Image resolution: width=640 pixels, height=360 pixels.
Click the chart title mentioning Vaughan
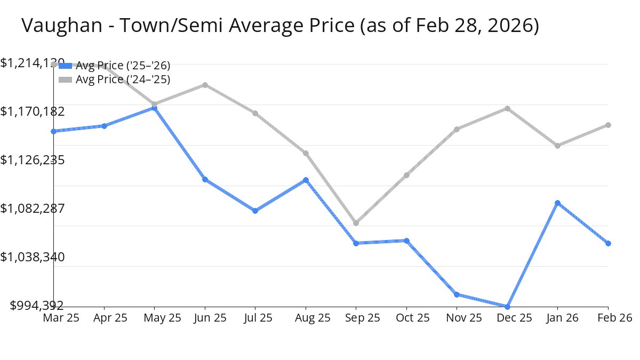[x=280, y=26]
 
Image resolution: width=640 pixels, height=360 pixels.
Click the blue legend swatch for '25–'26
[x=65, y=66]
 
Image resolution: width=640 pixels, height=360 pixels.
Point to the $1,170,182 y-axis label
[x=33, y=111]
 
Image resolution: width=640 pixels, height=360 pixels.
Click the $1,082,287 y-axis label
[x=33, y=208]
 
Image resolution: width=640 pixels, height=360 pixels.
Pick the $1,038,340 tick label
[x=33, y=257]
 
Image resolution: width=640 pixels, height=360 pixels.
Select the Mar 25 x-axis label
[x=61, y=318]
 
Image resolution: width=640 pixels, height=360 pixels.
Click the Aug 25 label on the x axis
[x=313, y=318]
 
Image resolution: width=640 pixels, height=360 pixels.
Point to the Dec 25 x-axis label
[x=514, y=318]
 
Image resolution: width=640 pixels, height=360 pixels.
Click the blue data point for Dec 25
[x=507, y=307]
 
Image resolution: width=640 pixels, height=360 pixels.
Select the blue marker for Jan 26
[x=557, y=203]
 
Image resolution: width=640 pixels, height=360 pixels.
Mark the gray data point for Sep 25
[x=356, y=223]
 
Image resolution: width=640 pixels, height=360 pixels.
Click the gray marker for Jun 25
[x=205, y=85]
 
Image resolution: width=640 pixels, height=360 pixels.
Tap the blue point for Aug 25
[x=306, y=180]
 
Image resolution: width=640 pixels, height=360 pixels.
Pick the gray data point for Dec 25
[x=507, y=109]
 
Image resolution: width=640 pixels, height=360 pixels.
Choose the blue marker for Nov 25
[x=457, y=294]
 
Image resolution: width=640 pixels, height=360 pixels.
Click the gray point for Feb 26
[x=608, y=125]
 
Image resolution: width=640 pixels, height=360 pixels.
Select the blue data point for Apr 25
[x=104, y=126]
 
